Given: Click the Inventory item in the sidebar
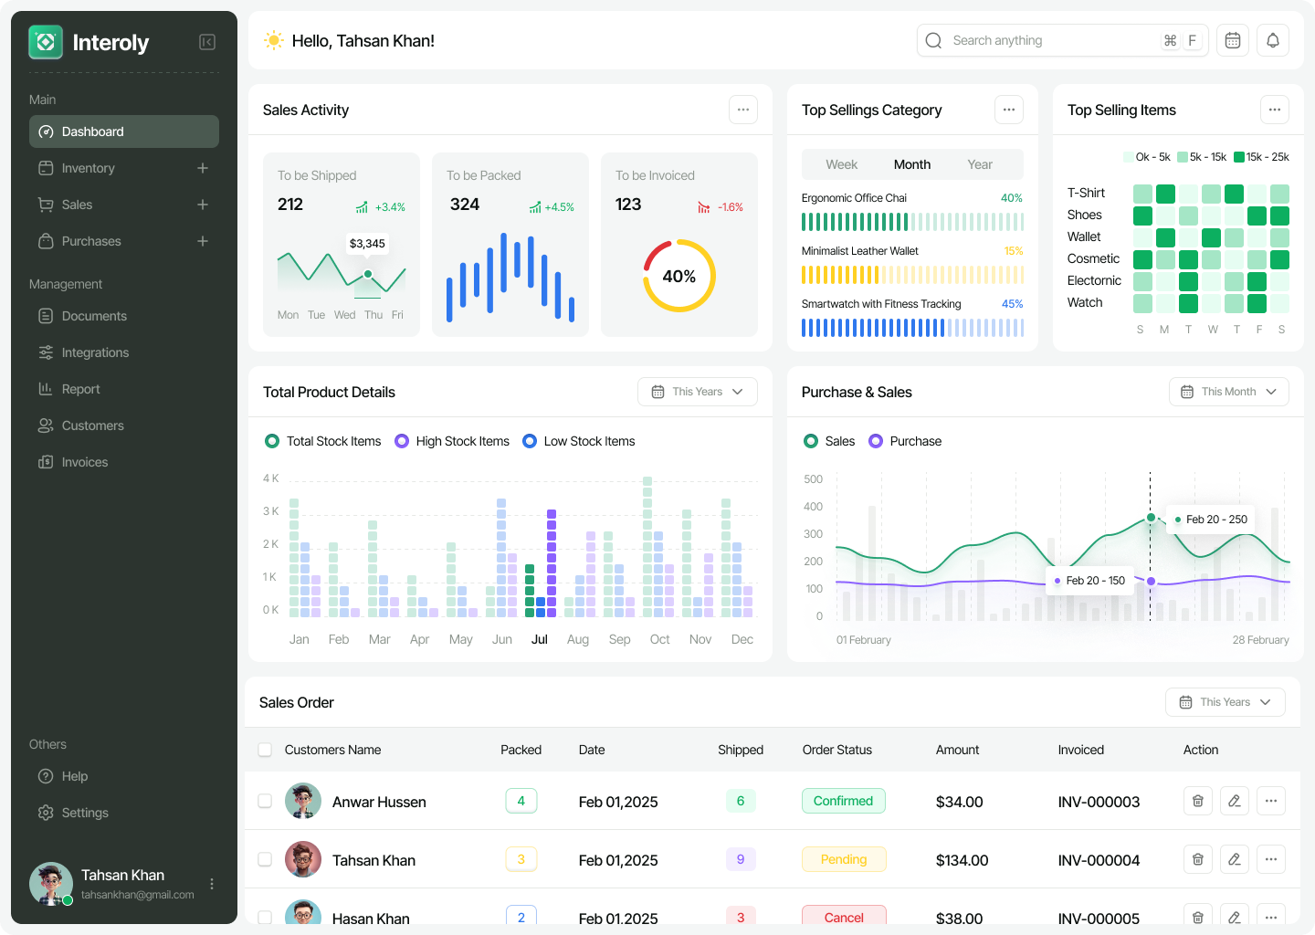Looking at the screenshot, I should [x=88, y=168].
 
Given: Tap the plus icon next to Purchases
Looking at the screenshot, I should [x=203, y=241].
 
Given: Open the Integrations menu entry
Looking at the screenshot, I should [x=95, y=352].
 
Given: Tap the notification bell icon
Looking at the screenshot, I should [x=1273, y=40].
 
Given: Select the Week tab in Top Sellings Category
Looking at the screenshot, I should [x=841, y=164].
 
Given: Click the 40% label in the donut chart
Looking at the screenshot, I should [x=679, y=276].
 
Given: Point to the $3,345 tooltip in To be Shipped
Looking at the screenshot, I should [x=367, y=244].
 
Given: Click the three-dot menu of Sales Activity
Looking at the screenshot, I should [x=743, y=110].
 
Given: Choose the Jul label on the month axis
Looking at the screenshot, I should [x=540, y=639].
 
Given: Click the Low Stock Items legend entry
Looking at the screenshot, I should [x=579, y=441].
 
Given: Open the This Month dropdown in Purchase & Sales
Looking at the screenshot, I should [x=1228, y=392].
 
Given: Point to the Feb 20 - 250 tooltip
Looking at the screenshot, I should [x=1215, y=520].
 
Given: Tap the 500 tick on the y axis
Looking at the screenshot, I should [x=813, y=479].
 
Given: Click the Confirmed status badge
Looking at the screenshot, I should [x=843, y=801].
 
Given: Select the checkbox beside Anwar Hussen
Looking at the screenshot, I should [x=265, y=801].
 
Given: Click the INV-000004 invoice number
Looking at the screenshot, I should [x=1099, y=860].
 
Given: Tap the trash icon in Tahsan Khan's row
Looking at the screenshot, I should [x=1198, y=859].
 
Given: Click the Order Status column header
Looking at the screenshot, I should [x=836, y=750].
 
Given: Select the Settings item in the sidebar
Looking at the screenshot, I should [x=84, y=813].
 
